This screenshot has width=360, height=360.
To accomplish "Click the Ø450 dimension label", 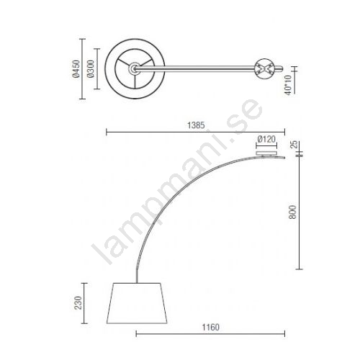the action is tap(76, 69).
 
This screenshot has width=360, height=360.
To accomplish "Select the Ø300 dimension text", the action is tap(91, 69).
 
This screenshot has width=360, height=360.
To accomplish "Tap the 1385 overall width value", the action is tap(196, 125).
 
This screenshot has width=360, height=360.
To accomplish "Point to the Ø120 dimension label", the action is tap(266, 139).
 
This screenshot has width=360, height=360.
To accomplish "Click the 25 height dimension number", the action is tap(294, 144).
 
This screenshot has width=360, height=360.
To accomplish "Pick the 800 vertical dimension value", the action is tap(293, 212).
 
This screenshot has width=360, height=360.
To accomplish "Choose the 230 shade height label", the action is tap(78, 303).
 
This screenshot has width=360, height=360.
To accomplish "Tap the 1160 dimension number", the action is tap(210, 327).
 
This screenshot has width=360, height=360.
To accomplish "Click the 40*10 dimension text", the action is tap(288, 85).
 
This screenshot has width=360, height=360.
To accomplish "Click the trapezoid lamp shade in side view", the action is tap(137, 303).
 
